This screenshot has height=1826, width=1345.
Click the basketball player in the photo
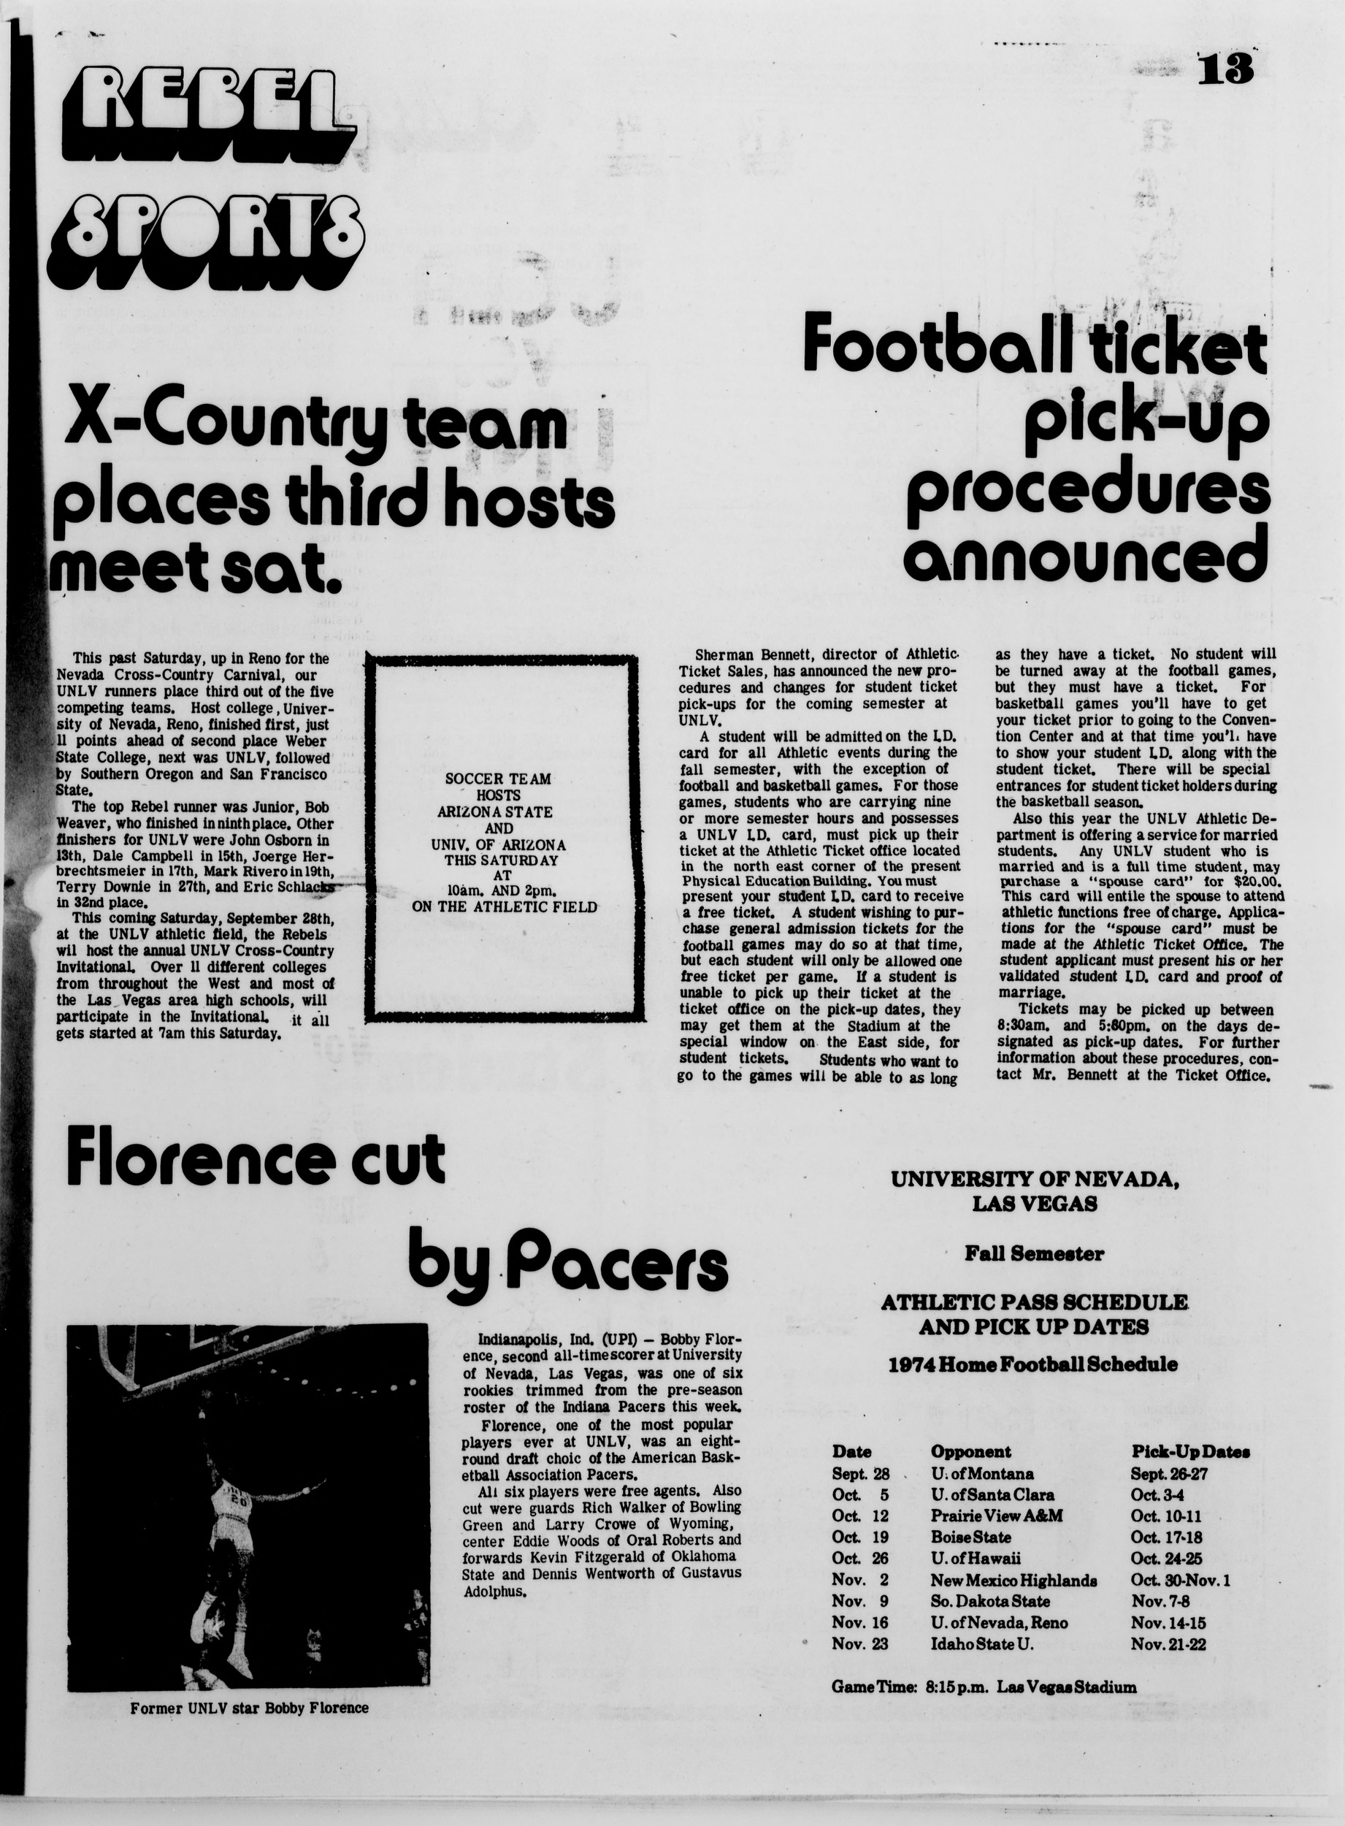(223, 1535)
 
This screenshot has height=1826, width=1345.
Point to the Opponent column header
(970, 1451)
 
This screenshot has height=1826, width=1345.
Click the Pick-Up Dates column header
(1190, 1451)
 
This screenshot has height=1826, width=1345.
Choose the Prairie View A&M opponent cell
(997, 1516)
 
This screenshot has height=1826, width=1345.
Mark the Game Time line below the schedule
(984, 1686)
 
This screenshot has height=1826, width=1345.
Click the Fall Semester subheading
(1034, 1253)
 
